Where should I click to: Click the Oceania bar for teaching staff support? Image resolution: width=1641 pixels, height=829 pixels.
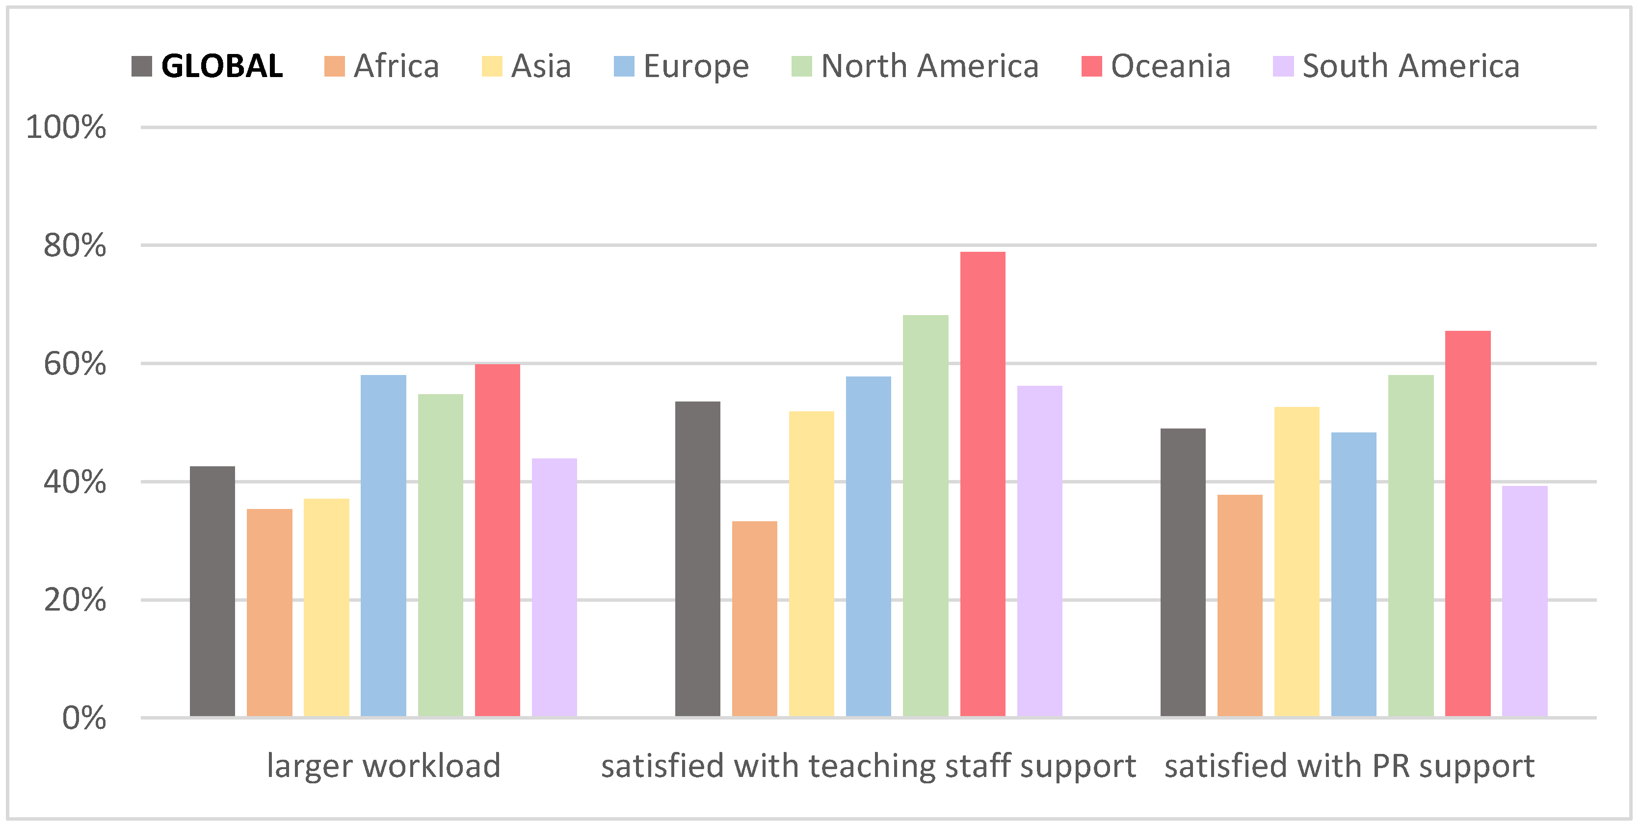coord(982,484)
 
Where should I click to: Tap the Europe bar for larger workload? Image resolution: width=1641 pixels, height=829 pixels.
coord(383,545)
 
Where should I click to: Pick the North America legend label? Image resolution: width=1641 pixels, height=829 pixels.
coord(929,66)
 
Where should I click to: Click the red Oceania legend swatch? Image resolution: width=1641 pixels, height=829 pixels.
coord(1091,66)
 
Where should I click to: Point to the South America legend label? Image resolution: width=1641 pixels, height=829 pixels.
coord(1410,66)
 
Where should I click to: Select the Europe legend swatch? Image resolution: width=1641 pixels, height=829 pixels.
coord(624,66)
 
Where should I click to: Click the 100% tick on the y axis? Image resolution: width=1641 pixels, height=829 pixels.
coord(66,128)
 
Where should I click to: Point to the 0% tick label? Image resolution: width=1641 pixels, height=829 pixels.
coord(83,718)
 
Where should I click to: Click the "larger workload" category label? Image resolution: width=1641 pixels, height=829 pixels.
coord(383,765)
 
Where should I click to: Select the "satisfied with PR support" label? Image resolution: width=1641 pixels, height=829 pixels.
coord(1349,765)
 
